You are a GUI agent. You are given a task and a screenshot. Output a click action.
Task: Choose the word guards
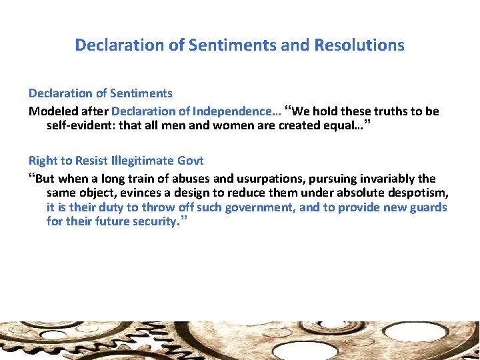point(429,207)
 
